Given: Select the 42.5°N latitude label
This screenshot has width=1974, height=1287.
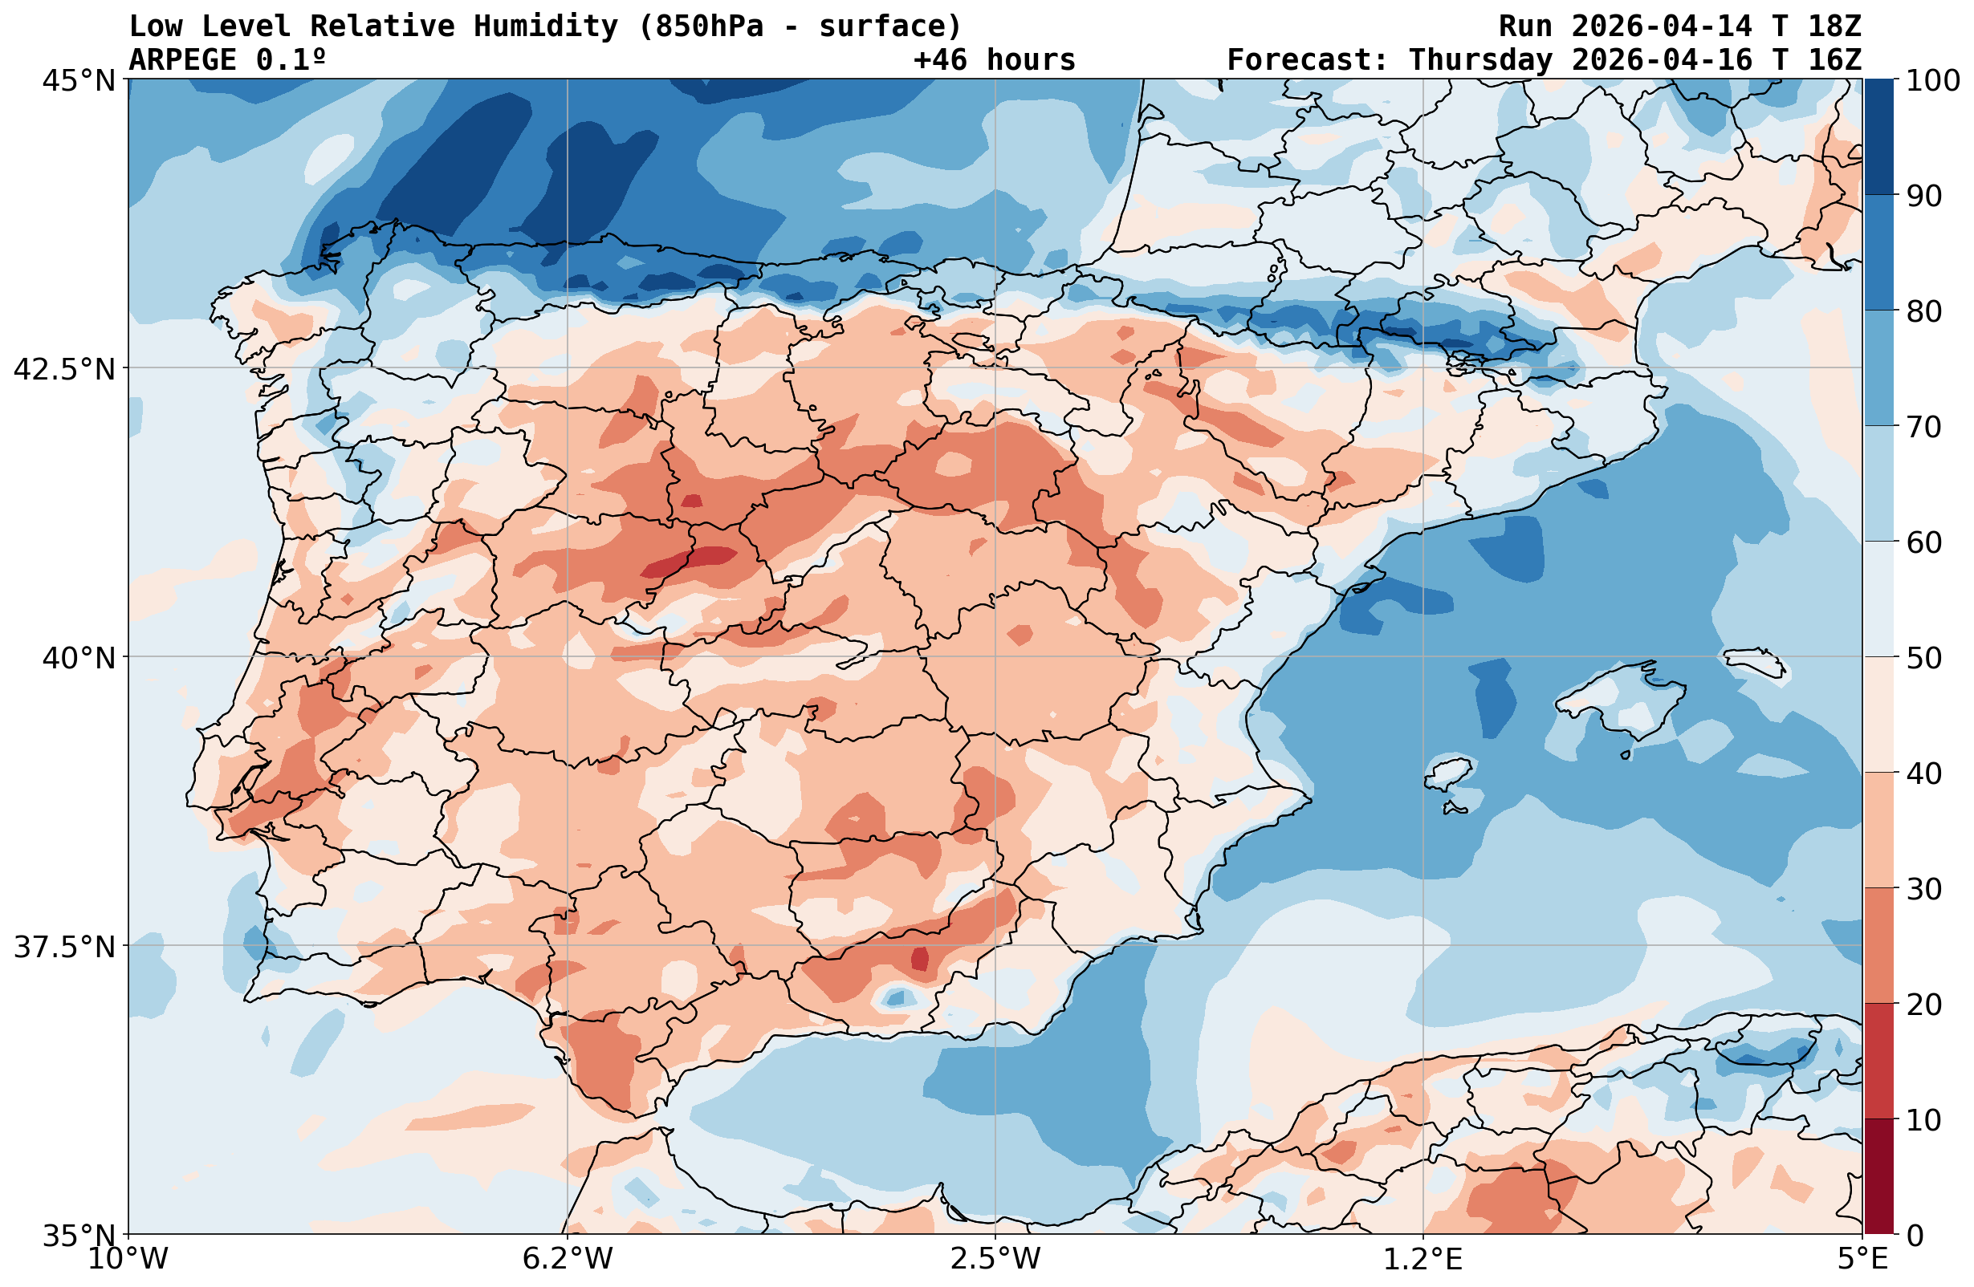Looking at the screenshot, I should click(65, 369).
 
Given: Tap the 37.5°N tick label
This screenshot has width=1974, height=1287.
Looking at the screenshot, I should click(65, 946).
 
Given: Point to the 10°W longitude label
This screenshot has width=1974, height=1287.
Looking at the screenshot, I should click(128, 1259).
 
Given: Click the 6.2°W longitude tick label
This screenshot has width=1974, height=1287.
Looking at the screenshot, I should click(568, 1259).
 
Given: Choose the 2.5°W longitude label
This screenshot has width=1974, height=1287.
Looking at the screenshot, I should click(995, 1259).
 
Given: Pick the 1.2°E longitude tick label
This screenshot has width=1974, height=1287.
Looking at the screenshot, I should click(1423, 1259).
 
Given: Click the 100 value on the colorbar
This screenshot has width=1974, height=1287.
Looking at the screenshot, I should click(1932, 81).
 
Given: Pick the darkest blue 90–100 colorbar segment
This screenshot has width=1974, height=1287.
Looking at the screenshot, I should click(1878, 137).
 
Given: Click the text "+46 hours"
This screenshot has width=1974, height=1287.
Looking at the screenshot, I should click(994, 59).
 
